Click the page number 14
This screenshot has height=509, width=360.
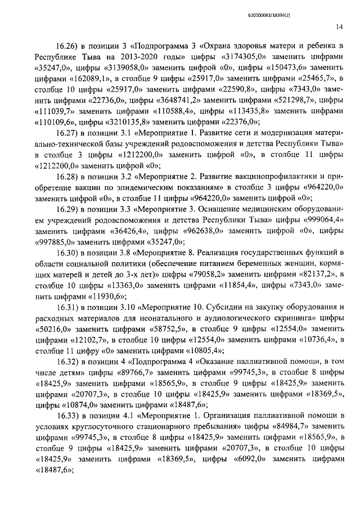(x=339, y=26)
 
